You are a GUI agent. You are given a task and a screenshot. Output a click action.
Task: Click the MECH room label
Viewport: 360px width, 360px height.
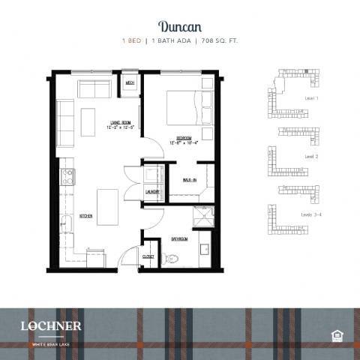130,82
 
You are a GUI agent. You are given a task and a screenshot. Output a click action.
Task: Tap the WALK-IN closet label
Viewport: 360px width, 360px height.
189,180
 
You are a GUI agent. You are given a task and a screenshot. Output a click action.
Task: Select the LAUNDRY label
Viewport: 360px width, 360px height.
151,191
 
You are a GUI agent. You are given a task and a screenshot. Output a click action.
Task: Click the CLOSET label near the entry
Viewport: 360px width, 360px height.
148,256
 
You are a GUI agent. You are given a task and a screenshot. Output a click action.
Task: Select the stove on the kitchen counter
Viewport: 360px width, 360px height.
67,177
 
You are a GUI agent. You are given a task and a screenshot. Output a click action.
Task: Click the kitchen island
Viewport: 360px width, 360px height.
106,207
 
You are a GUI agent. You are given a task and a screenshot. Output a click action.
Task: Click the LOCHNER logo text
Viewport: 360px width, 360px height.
52,325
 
